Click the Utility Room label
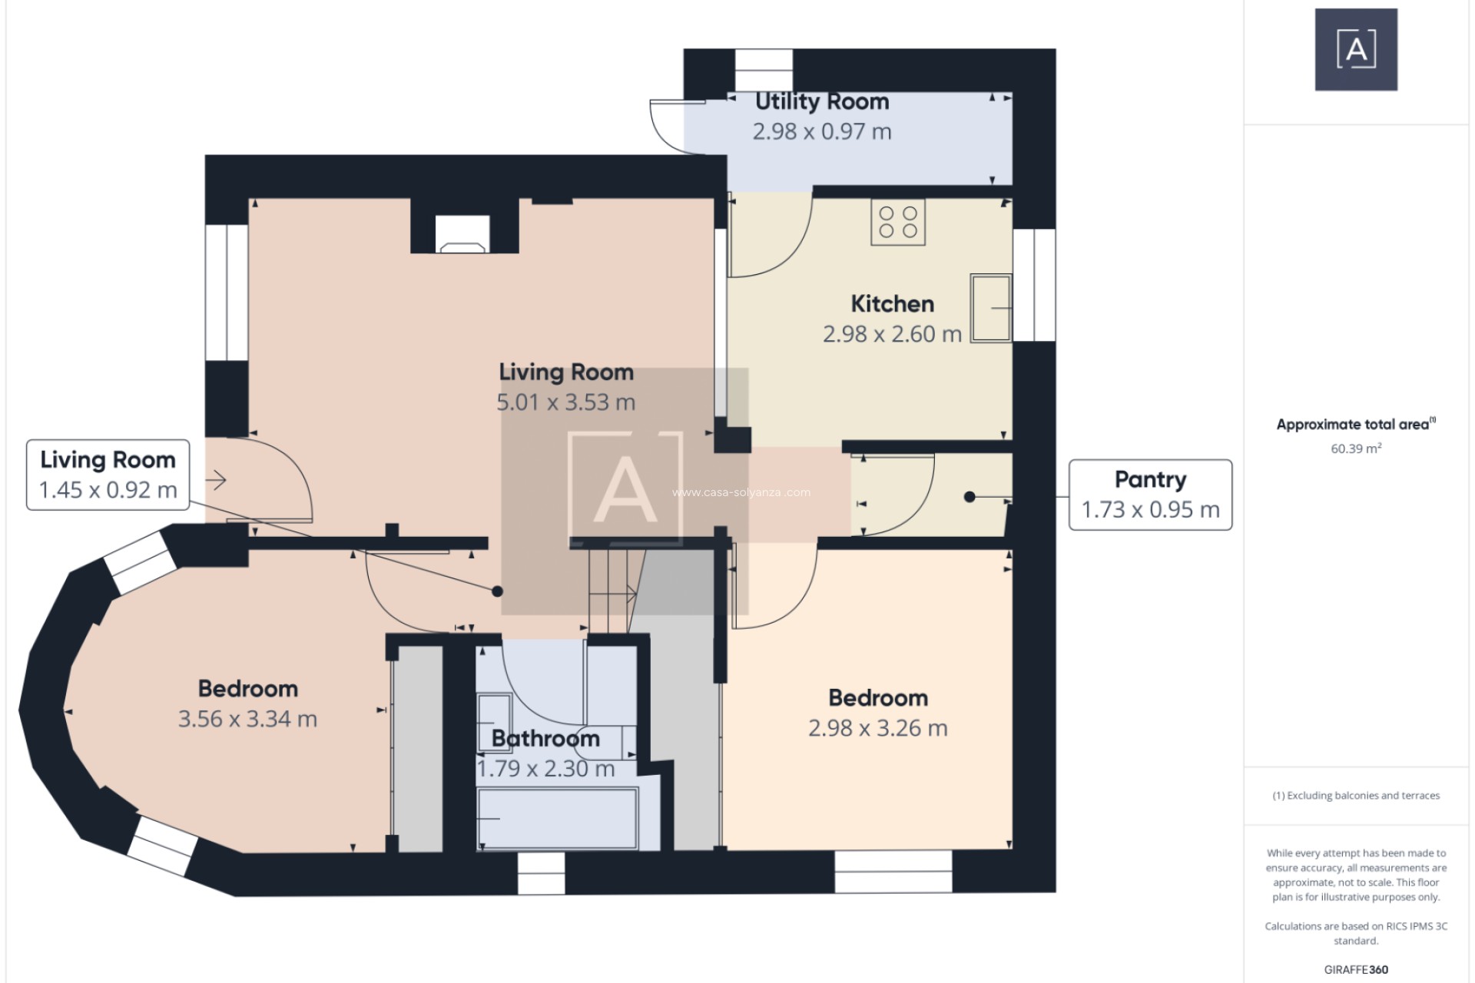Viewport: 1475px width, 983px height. pyautogui.click(x=821, y=101)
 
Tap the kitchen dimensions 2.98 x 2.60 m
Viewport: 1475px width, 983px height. pyautogui.click(x=892, y=334)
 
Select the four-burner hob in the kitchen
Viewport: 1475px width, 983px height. pyautogui.click(x=898, y=223)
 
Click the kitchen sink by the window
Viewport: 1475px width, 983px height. pyautogui.click(x=991, y=308)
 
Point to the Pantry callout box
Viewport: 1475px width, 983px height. pyautogui.click(x=1150, y=495)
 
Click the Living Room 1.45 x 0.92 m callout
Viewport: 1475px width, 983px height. pyautogui.click(x=108, y=475)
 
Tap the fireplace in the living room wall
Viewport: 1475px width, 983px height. pyautogui.click(x=462, y=234)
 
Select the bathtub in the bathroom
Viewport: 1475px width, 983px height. pyautogui.click(x=557, y=819)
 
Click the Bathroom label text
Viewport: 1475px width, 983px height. pyautogui.click(x=545, y=738)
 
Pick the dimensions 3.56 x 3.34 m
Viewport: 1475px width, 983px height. pyautogui.click(x=247, y=719)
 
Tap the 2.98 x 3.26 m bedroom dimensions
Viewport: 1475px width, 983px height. pyautogui.click(x=877, y=728)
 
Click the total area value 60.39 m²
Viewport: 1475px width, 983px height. pyautogui.click(x=1356, y=448)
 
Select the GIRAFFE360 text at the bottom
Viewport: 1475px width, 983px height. pyautogui.click(x=1356, y=969)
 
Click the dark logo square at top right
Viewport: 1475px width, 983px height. pyautogui.click(x=1356, y=50)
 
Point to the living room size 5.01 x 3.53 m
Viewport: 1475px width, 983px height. pyautogui.click(x=566, y=402)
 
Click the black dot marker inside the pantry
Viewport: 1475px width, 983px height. pyautogui.click(x=970, y=497)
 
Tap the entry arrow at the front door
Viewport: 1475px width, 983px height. pyautogui.click(x=217, y=481)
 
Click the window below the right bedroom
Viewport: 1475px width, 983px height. pyautogui.click(x=893, y=872)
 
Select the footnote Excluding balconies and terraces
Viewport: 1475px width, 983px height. pyautogui.click(x=1356, y=796)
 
